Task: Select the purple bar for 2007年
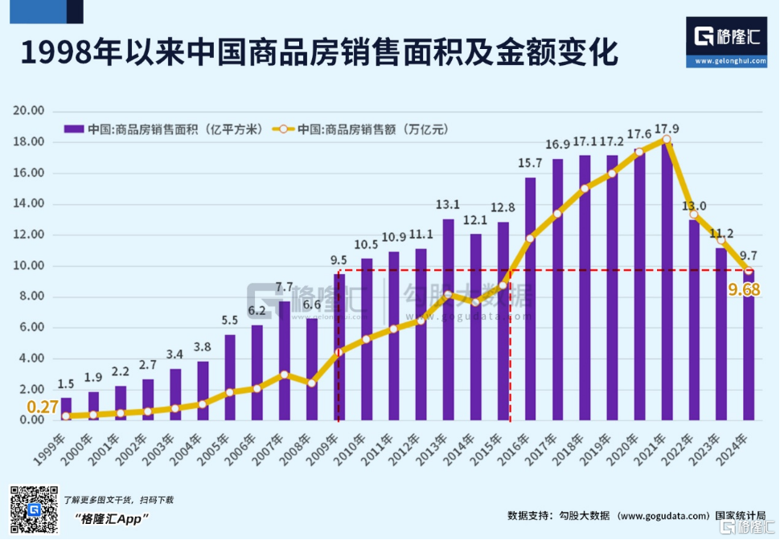pos(284,361)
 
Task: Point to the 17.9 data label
pos(666,129)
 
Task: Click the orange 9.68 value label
pos(744,289)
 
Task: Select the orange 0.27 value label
pos(43,407)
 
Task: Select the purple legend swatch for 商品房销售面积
pos(74,129)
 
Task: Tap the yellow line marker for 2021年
pos(666,140)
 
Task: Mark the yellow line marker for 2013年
pos(448,295)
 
